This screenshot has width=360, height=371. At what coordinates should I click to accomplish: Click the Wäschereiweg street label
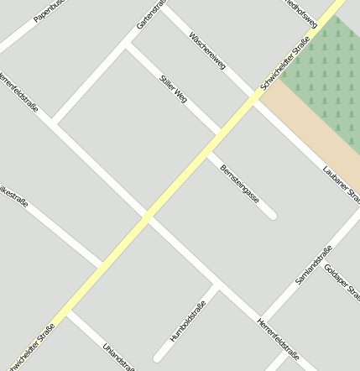coord(207,51)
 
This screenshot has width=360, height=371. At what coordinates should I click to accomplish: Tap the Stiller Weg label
coord(173,89)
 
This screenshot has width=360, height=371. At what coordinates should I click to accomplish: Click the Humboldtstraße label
coord(187,320)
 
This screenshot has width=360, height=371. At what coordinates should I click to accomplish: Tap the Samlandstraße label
coord(314,264)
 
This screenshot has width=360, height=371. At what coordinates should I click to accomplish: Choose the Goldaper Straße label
coord(342,282)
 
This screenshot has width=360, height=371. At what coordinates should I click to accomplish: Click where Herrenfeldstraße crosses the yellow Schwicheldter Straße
coord(147,217)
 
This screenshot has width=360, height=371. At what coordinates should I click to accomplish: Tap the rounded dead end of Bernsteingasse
coord(272,216)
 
